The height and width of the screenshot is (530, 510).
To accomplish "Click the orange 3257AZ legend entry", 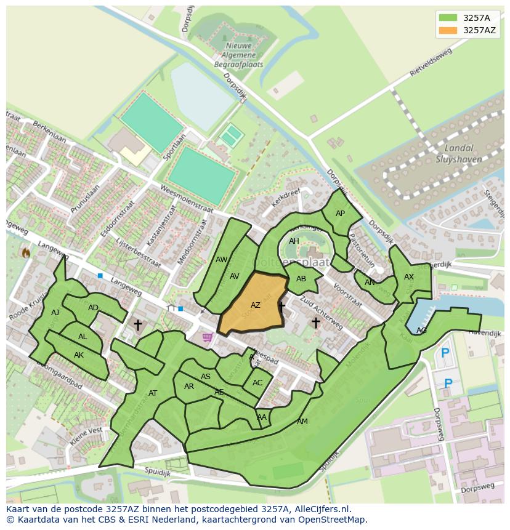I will (467, 30).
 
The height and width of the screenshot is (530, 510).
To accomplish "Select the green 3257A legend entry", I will (467, 17).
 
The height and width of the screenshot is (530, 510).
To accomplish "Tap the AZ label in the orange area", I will (256, 305).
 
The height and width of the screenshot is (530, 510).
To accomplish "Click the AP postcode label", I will (340, 214).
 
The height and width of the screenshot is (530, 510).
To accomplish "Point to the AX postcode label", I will (409, 277).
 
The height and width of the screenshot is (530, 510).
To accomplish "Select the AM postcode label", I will (302, 422).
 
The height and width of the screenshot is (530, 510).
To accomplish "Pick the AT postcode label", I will (153, 393).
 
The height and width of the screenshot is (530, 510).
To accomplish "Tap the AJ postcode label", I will (55, 313).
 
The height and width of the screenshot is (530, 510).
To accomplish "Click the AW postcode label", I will (222, 260).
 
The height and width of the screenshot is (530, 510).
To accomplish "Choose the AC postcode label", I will (257, 382).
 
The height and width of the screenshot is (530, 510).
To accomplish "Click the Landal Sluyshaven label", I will (459, 154).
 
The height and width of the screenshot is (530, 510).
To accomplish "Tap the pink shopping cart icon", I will (208, 337).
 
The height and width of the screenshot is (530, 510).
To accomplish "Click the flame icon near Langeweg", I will (26, 252).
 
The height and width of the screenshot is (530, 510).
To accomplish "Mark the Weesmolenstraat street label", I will (185, 199).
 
